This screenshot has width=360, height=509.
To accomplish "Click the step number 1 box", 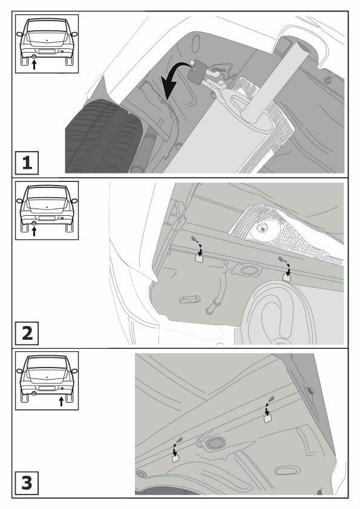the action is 27,163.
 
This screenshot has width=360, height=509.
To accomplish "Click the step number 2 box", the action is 27,333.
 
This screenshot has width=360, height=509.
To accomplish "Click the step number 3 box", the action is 27,483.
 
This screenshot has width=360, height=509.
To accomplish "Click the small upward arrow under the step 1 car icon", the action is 34,65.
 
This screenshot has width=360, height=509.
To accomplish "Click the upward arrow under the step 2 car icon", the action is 34,231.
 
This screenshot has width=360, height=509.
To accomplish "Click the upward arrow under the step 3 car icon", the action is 61,401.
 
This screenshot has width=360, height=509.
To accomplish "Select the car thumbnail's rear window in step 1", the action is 47,26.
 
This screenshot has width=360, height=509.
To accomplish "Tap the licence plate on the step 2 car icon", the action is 47,218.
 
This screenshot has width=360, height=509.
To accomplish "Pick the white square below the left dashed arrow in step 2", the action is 198,258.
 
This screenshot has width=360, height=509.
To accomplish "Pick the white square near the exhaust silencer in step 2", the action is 287,278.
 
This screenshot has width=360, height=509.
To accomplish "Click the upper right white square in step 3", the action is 267,418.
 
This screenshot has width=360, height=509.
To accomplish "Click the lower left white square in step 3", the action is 175,458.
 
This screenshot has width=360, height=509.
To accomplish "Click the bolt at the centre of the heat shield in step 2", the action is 261,229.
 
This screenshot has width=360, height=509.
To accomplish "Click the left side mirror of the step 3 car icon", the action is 19,371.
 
